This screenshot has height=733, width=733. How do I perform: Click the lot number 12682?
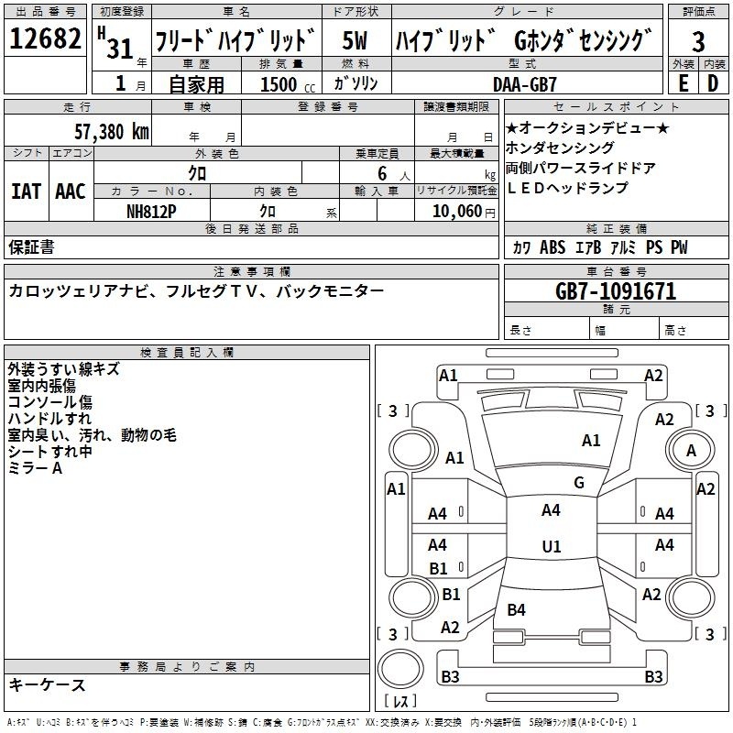(x=45, y=38)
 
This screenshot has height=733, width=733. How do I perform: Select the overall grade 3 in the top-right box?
(x=698, y=41)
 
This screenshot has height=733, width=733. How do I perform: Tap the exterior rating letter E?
(x=683, y=83)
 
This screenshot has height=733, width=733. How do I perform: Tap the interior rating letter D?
(x=713, y=83)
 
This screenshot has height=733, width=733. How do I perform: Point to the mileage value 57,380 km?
(x=112, y=131)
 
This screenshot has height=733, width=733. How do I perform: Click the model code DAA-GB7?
(x=525, y=84)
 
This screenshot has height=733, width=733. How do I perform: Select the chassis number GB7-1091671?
(x=616, y=291)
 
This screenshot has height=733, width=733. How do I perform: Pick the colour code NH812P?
(x=151, y=212)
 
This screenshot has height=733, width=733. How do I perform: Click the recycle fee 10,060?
(x=457, y=212)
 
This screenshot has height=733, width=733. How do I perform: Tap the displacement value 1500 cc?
(x=288, y=84)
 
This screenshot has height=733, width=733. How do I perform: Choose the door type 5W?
(x=355, y=40)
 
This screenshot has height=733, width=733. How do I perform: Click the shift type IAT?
(x=27, y=191)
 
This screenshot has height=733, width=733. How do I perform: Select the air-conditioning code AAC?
(x=71, y=191)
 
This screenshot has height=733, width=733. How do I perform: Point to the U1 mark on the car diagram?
(x=552, y=546)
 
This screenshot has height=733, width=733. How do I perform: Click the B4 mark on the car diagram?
(x=516, y=610)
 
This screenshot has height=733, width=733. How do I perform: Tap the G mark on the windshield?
(x=579, y=483)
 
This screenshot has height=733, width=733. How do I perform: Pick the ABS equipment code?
(x=552, y=247)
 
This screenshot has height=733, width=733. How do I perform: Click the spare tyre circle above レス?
(x=400, y=669)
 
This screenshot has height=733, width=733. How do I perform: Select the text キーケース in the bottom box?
(x=47, y=685)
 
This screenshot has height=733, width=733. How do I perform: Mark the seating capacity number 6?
(x=382, y=173)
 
